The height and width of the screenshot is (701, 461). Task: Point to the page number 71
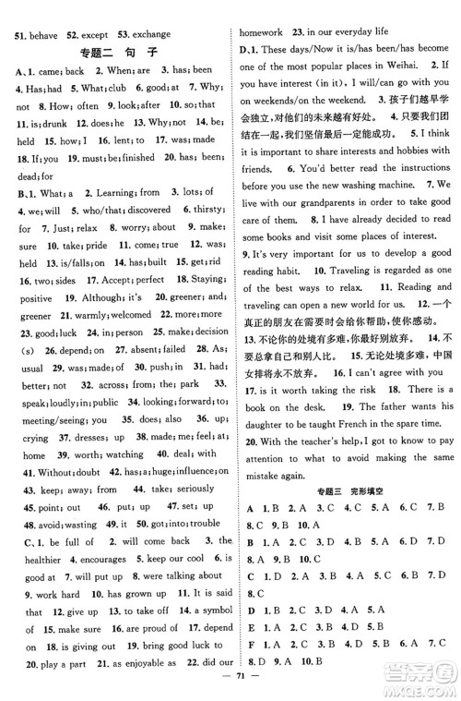230,688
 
